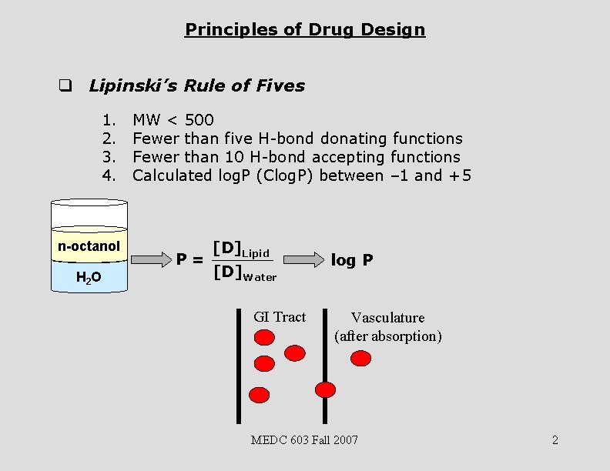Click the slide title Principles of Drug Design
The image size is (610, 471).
(x=305, y=30)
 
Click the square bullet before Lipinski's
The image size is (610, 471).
(x=65, y=86)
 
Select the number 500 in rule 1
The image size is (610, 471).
(x=199, y=120)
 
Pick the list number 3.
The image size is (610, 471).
(x=108, y=157)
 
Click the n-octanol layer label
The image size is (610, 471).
(x=89, y=246)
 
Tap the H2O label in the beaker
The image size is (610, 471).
(x=89, y=276)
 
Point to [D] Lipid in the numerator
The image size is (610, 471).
(x=241, y=249)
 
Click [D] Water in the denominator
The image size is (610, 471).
(x=244, y=272)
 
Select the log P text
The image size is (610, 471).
(x=352, y=260)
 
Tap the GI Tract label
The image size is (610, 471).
(x=280, y=317)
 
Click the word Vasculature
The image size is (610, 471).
(x=387, y=317)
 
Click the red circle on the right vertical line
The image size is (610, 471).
(x=326, y=389)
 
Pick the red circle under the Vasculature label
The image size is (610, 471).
(x=360, y=358)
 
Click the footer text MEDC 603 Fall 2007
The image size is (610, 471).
(x=304, y=440)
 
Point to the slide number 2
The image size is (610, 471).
(x=555, y=440)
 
